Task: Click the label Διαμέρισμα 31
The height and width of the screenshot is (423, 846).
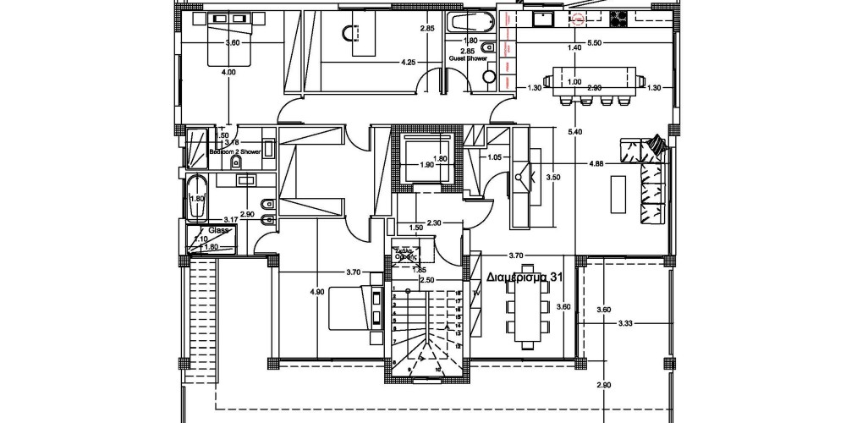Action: tap(526, 277)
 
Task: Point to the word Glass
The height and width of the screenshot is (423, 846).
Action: tap(219, 229)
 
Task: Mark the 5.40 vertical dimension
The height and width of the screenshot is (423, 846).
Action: tap(576, 131)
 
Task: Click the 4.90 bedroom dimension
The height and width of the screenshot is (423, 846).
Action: tap(317, 291)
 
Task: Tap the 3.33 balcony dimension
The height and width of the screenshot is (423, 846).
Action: tap(626, 322)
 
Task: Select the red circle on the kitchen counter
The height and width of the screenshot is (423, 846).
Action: tap(580, 17)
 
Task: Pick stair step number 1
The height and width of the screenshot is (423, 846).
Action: tap(394, 288)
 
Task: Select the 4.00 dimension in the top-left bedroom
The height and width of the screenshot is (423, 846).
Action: tap(228, 73)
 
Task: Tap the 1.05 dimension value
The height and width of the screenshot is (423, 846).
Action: tap(495, 157)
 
